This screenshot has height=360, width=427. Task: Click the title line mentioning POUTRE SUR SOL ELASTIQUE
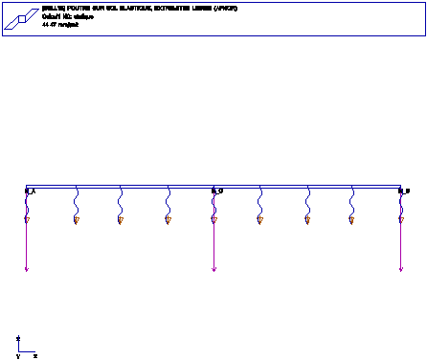coord(140,8)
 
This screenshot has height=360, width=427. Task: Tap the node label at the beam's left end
coord(30,191)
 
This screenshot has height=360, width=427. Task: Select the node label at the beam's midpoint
coord(218,191)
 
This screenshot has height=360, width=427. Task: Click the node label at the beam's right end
coord(404,191)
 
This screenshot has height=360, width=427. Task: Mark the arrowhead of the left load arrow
coord(27,270)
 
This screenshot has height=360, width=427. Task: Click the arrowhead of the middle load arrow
coord(213,270)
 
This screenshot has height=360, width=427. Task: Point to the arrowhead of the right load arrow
coord(400,270)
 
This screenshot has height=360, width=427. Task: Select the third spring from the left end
coord(121,202)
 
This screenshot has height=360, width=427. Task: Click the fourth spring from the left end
coord(168,202)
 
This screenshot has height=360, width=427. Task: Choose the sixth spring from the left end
coord(260,202)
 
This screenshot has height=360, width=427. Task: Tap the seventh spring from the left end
coord(307,202)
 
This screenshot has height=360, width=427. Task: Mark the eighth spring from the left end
coord(353,202)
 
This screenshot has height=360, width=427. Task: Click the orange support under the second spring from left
coord(76,221)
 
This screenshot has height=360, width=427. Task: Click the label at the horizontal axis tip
coord(35,355)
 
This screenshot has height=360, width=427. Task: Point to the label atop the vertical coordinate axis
coord(18,338)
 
